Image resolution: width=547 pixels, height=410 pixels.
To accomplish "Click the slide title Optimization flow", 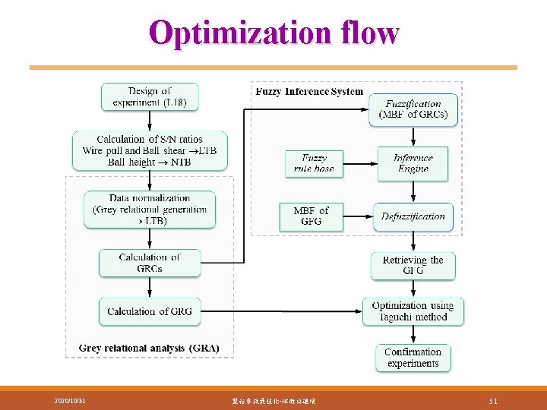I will [273, 33].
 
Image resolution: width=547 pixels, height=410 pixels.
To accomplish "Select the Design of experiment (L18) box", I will [150, 96].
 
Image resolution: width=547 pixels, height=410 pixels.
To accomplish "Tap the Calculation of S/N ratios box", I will [150, 150].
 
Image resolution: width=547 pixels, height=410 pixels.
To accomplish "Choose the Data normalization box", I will [150, 210].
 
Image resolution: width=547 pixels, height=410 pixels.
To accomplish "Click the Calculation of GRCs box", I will [150, 263].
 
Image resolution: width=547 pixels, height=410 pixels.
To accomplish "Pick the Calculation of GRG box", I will [150, 311].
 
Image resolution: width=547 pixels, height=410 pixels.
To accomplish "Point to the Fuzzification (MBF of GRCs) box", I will [413, 109].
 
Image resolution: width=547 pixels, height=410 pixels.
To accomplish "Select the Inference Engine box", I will [413, 163].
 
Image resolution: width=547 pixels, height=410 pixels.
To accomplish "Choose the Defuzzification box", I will [413, 216].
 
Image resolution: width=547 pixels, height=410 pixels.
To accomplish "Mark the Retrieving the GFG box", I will [413, 266].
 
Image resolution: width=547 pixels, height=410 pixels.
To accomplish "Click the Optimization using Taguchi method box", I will [413, 311].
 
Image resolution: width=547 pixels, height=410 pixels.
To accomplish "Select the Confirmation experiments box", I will [413, 358].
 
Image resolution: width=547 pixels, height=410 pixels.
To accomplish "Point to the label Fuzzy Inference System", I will [309, 92].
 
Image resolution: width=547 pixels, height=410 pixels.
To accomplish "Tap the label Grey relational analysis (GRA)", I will [149, 348].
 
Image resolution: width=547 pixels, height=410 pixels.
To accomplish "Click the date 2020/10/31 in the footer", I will [70, 400].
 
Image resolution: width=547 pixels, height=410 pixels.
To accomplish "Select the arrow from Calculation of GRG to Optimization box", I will [281, 311].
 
